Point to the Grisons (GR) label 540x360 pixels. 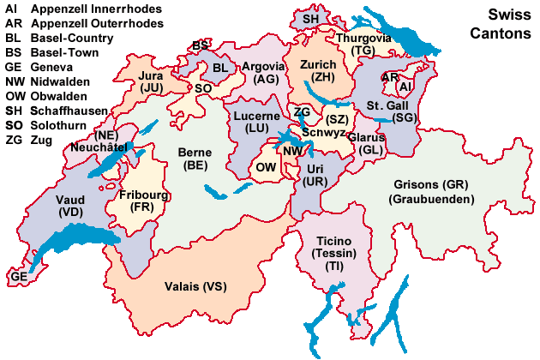click(433, 192)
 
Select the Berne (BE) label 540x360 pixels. click(195, 159)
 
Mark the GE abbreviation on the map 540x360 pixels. click(19, 278)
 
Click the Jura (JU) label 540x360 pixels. click(151, 81)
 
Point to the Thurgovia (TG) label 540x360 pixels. click(363, 45)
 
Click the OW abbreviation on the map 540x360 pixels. click(266, 168)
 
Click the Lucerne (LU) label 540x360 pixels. click(255, 121)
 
